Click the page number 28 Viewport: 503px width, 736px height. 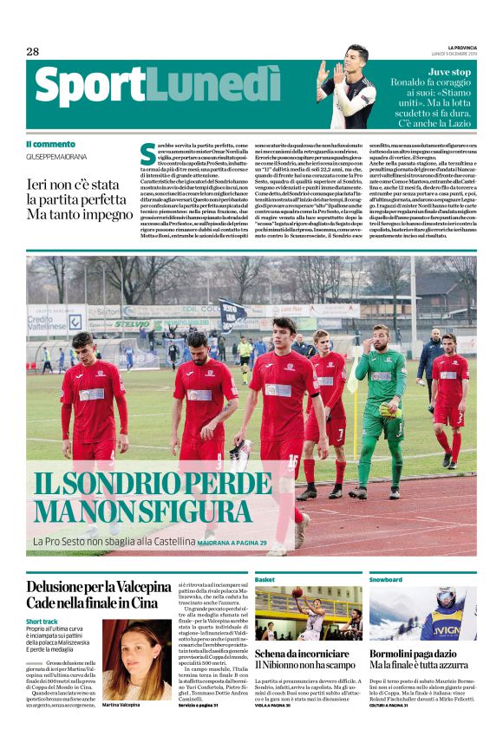(x=32, y=51)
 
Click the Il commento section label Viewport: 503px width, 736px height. (x=50, y=144)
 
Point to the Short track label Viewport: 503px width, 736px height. (x=45, y=622)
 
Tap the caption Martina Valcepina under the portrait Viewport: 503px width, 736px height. (x=121, y=706)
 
